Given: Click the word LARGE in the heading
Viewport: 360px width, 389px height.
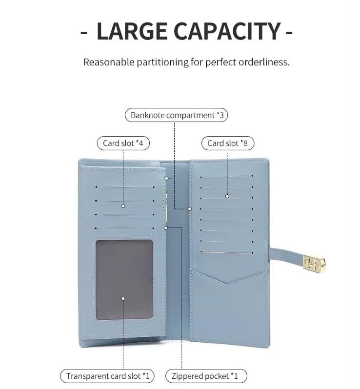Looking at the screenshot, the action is point(132,31).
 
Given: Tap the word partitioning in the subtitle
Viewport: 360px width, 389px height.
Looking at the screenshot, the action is point(162,62).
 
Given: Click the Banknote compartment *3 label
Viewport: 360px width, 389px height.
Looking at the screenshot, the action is point(176,115).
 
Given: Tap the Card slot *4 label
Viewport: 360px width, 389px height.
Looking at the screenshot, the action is point(123,143).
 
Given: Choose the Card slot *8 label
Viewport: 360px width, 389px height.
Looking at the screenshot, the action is point(228,143).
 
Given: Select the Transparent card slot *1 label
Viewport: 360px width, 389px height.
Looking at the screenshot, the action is point(107,376).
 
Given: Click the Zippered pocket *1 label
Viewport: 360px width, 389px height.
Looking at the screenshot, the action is point(206,376).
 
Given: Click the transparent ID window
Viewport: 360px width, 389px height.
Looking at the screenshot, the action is point(124,280).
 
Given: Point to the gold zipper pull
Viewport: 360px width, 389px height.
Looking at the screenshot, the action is point(167,205).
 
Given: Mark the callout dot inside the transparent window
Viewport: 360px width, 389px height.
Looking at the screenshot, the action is point(123,298).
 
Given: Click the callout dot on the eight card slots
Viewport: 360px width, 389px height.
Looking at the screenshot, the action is point(227,196).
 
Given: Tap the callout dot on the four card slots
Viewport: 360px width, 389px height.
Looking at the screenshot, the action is point(123,206).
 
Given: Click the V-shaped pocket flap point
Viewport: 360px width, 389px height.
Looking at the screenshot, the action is point(228,283).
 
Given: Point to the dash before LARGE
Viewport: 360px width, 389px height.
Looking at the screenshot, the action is point(84,32).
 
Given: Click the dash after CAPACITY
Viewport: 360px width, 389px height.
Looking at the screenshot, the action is point(289,32).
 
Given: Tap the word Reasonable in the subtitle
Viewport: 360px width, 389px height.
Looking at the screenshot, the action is point(109,62).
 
